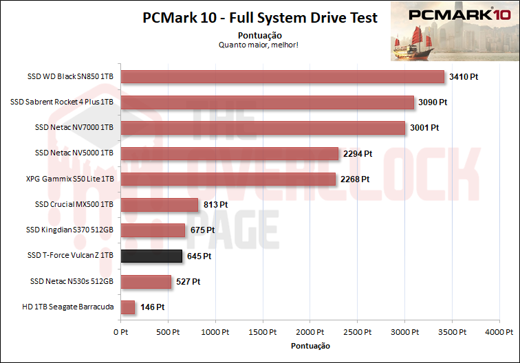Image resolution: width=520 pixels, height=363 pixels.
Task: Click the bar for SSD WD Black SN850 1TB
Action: click(282, 77)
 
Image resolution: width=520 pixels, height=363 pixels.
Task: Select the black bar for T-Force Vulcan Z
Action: click(151, 256)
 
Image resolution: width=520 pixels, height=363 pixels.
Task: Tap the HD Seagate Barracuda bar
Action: click(128, 307)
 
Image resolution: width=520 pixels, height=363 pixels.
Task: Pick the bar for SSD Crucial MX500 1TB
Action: click(159, 205)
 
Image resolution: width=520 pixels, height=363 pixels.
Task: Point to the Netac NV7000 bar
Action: click(263, 128)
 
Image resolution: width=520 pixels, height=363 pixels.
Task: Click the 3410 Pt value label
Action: click(463, 77)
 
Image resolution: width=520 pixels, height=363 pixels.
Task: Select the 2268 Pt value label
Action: click(356, 179)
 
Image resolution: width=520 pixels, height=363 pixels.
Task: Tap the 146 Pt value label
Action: click(152, 307)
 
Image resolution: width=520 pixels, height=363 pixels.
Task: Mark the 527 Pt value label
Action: click(187, 282)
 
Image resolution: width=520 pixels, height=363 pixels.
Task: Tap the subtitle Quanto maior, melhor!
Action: click(259, 45)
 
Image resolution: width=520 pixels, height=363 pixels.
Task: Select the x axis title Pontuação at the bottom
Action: click(310, 345)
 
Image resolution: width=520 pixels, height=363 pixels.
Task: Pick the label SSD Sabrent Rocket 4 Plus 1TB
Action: click(62, 102)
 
